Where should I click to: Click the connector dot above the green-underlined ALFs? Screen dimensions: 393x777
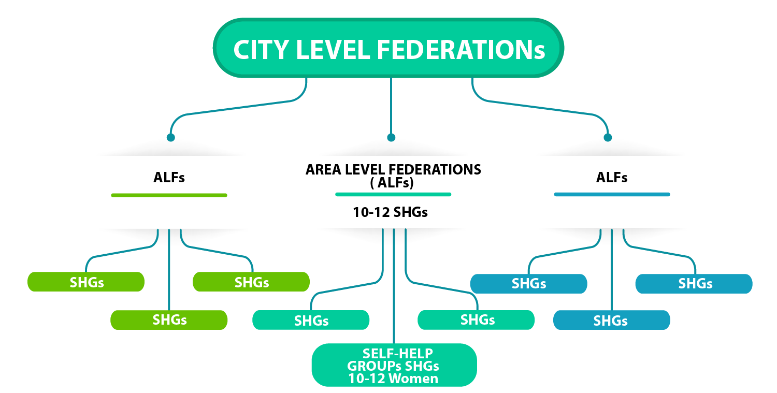tap(170, 137)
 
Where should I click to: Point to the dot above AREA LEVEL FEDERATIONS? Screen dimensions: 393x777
tap(391, 137)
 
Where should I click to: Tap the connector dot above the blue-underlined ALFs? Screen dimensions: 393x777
tap(608, 137)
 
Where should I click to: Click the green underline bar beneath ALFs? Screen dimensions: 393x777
tap(169, 195)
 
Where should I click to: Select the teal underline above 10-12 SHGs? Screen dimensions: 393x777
tap(393, 194)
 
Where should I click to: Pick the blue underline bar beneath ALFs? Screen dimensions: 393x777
tap(612, 194)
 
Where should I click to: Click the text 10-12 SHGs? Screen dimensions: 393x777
tap(391, 212)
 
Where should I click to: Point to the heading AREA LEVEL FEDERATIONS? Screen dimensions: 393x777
tap(393, 169)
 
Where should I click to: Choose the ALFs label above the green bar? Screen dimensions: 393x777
tap(169, 178)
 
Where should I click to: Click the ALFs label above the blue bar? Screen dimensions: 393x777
tap(612, 178)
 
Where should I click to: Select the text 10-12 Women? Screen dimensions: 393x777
tap(393, 379)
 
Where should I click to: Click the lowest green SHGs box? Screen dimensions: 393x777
tap(169, 320)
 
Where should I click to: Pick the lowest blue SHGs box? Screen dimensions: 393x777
tap(611, 321)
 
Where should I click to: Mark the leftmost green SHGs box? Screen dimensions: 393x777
tap(86, 282)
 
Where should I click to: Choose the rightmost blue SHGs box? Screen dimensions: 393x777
tap(694, 284)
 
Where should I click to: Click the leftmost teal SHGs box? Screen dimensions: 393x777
tap(311, 321)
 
